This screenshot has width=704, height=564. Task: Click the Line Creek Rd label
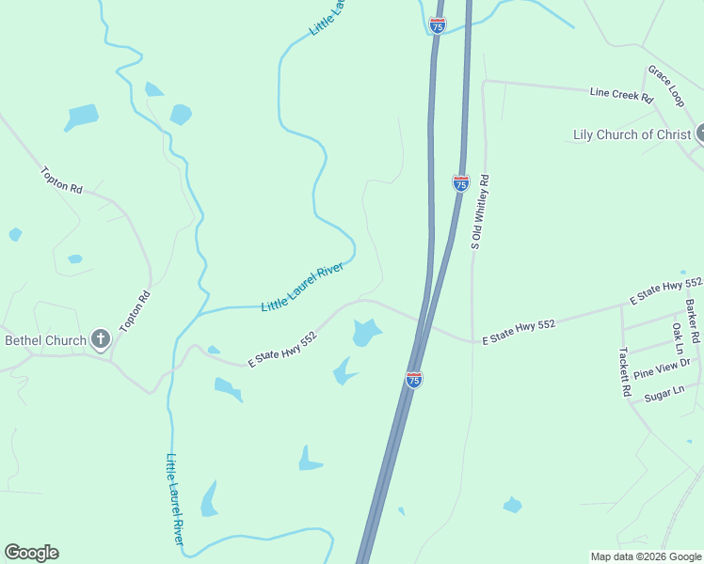(621, 94)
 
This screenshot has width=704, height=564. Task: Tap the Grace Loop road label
(664, 85)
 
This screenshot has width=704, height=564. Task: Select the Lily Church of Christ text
(632, 134)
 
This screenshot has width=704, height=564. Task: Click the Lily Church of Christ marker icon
(700, 133)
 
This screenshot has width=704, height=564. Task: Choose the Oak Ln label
(677, 339)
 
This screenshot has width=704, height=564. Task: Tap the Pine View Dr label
(662, 368)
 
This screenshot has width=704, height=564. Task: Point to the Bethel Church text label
(46, 340)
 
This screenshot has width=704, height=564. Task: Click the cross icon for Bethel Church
(101, 340)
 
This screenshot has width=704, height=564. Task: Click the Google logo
(31, 553)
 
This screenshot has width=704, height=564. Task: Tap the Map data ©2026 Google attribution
(646, 556)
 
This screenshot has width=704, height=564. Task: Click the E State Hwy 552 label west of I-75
(282, 349)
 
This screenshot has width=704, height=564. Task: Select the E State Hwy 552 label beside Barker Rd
(665, 290)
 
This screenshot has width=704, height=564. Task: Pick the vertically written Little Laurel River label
(176, 499)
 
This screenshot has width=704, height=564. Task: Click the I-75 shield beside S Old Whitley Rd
(460, 182)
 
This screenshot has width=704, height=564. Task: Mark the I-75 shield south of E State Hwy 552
(414, 379)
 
